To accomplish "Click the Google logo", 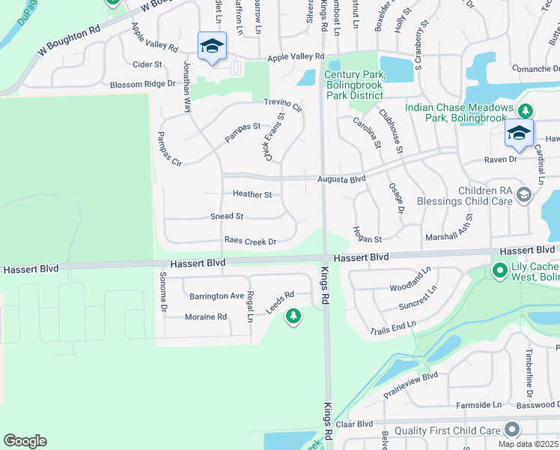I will [25, 441].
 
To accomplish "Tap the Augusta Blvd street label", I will [341, 179].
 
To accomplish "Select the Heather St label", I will [252, 194].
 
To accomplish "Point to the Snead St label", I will [227, 216].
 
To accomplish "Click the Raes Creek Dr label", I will [251, 241].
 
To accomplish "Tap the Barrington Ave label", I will [216, 295].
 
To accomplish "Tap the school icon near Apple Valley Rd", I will [212, 46].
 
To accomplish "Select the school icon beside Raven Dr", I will [519, 133].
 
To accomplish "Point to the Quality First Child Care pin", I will [512, 430].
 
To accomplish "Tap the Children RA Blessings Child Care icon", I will [523, 196].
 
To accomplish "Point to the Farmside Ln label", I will [479, 405].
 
